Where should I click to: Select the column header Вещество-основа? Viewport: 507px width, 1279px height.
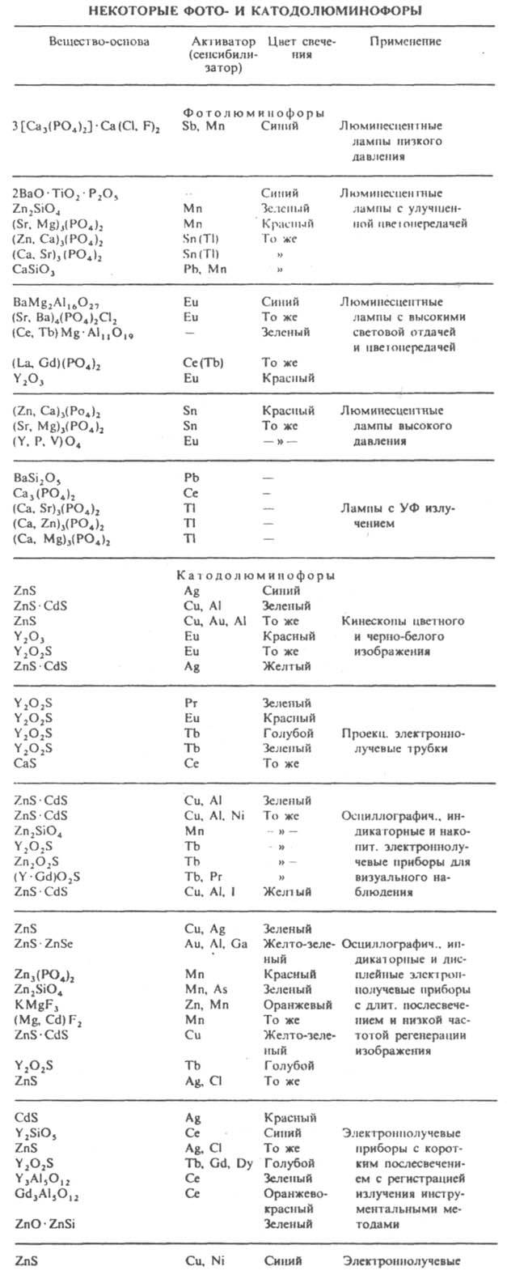pos(88,40)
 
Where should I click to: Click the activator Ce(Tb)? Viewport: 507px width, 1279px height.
pos(202,363)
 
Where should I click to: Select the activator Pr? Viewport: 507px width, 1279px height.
pos(192,703)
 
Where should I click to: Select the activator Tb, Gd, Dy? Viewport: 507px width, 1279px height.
pos(217,1163)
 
